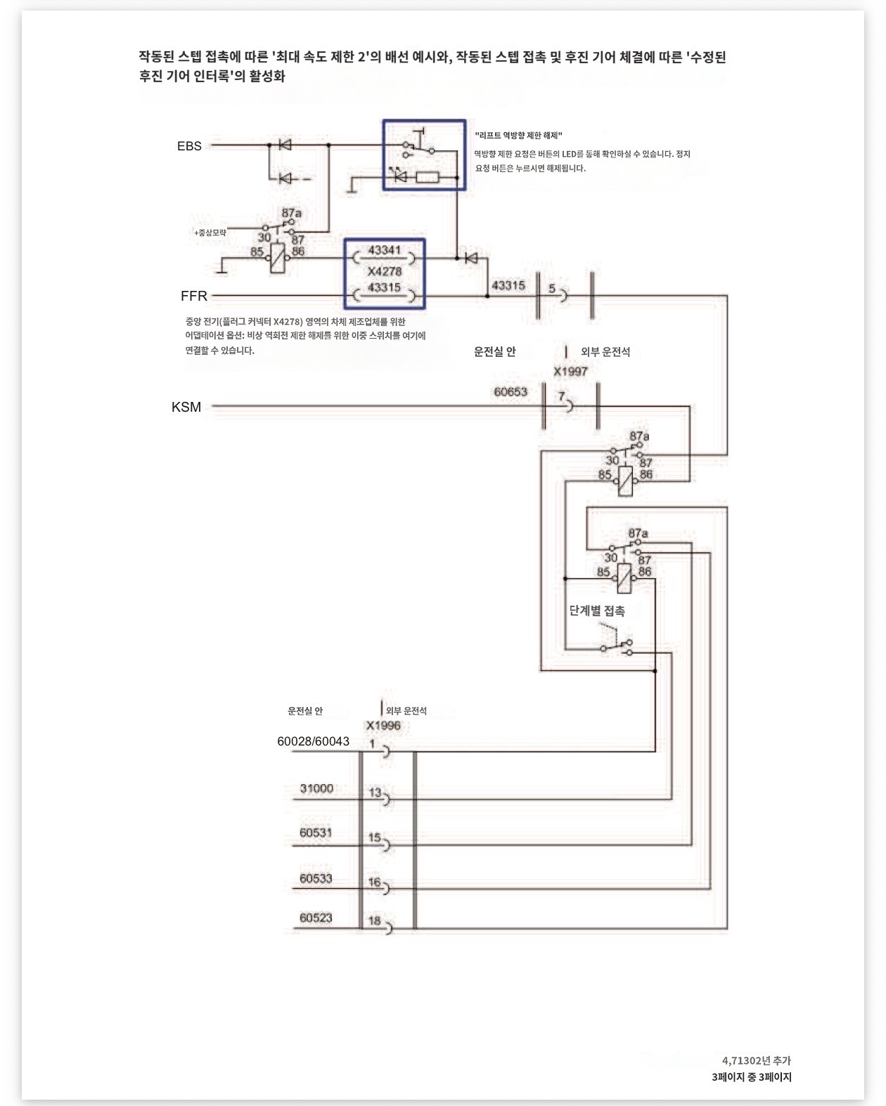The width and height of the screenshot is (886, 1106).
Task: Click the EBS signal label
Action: (189, 146)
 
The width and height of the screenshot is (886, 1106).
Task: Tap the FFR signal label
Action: (194, 296)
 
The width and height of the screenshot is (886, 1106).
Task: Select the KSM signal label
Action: (186, 407)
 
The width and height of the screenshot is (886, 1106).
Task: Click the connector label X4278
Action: (385, 271)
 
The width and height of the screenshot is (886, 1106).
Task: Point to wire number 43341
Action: (384, 250)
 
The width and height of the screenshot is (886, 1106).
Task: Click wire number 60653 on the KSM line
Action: (511, 391)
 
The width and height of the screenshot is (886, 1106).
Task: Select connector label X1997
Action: (570, 372)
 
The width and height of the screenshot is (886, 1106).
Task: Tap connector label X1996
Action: (383, 725)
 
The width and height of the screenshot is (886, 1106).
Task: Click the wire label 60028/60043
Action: (313, 741)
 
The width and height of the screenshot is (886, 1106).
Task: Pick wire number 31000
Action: (316, 788)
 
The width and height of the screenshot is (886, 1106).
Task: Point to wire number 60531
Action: (316, 833)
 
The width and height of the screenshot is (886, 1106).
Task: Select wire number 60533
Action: (316, 878)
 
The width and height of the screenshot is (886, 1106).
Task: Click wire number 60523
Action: (316, 918)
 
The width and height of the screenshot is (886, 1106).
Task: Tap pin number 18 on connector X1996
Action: (375, 920)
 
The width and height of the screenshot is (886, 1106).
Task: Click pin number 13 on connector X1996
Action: (375, 793)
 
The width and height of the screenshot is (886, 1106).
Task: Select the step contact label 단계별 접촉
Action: (597, 611)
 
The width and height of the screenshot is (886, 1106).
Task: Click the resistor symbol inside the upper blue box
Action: (427, 178)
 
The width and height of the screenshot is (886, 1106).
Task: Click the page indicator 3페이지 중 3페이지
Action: (751, 1076)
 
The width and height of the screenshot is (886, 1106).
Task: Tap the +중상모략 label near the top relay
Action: (210, 233)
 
